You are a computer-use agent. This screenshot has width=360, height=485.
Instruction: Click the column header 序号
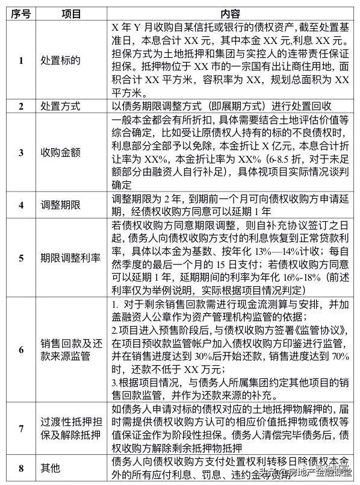20,13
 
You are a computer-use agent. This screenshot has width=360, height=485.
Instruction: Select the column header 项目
70,13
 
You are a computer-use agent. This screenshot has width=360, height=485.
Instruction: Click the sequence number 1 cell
20,60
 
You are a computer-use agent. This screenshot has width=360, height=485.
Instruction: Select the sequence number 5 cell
20,257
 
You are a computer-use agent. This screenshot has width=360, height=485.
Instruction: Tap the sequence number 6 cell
20,350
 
